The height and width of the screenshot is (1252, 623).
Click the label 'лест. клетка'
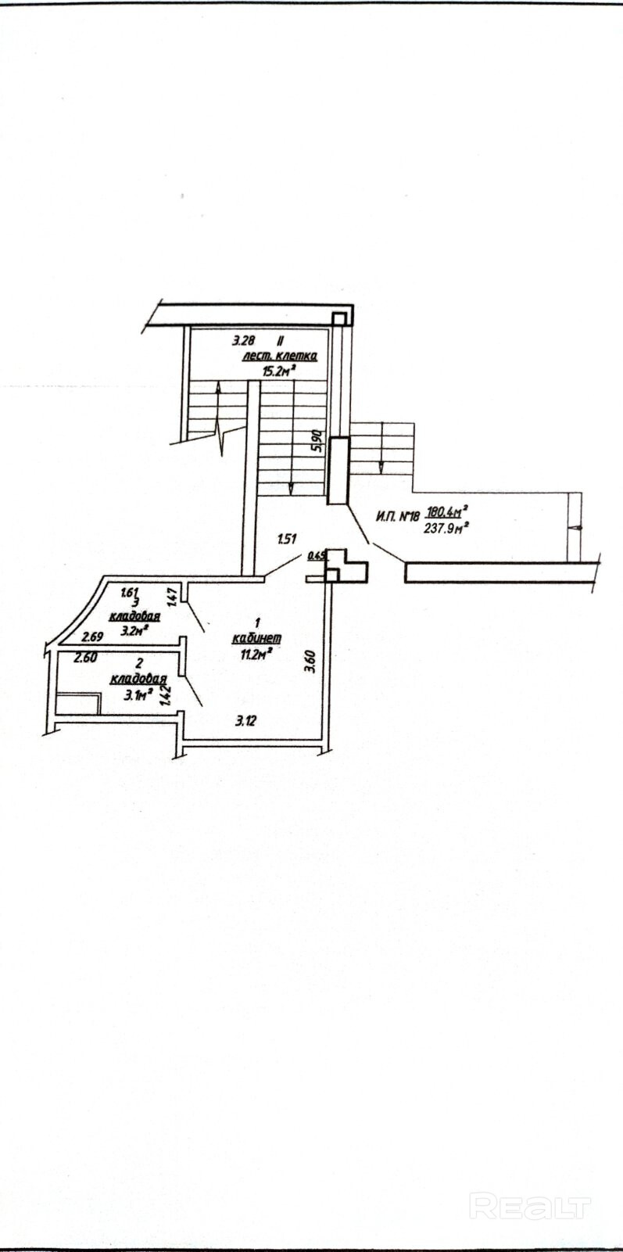[278, 357]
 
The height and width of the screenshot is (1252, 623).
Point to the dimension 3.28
[243, 341]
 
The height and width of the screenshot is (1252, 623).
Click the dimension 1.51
[288, 538]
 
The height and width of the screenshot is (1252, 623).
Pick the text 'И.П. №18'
[398, 515]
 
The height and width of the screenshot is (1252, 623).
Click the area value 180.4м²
[446, 512]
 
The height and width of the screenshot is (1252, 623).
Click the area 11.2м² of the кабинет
[256, 651]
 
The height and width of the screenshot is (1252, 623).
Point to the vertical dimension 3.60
[310, 663]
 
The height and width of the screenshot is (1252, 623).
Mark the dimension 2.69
[94, 636]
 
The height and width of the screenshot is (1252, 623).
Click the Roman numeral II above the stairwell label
[280, 341]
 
